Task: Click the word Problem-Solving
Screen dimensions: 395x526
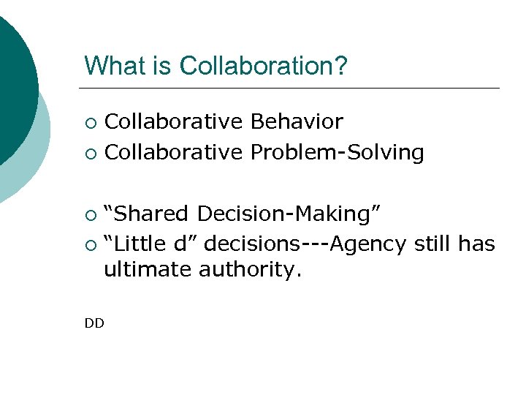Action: point(337,152)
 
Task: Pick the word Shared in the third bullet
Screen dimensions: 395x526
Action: point(151,214)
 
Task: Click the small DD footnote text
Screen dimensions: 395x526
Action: point(94,323)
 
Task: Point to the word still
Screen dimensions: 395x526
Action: point(434,243)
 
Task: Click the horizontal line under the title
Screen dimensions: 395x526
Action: point(292,89)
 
